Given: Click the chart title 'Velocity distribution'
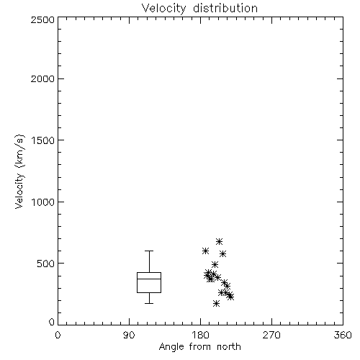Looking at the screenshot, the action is click(199, 9).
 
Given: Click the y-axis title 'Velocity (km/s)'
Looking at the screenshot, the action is click(19, 171).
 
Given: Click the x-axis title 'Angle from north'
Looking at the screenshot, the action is click(199, 347).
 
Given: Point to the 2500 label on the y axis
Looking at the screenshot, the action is click(42, 19).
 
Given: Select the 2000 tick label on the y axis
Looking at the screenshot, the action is click(42, 78).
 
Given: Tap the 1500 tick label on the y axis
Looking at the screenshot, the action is click(43, 140).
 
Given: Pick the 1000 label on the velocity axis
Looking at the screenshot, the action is click(43, 202).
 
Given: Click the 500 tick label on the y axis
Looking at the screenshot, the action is click(46, 264).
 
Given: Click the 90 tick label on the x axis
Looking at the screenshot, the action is click(129, 335).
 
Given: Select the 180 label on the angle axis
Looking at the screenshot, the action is click(200, 335).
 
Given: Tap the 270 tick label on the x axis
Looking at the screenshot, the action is click(271, 335).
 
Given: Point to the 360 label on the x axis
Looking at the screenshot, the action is click(343, 335).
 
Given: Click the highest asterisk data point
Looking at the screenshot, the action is click(219, 241).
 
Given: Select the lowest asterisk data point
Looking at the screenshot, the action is click(216, 304).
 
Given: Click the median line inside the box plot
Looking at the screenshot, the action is click(149, 279).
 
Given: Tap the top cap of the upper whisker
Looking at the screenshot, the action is click(149, 251).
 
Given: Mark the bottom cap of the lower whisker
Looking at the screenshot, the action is click(149, 303).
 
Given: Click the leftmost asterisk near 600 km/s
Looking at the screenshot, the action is click(205, 251).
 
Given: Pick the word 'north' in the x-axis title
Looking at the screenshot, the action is click(229, 347).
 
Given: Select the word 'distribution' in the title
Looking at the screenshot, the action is click(225, 9).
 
